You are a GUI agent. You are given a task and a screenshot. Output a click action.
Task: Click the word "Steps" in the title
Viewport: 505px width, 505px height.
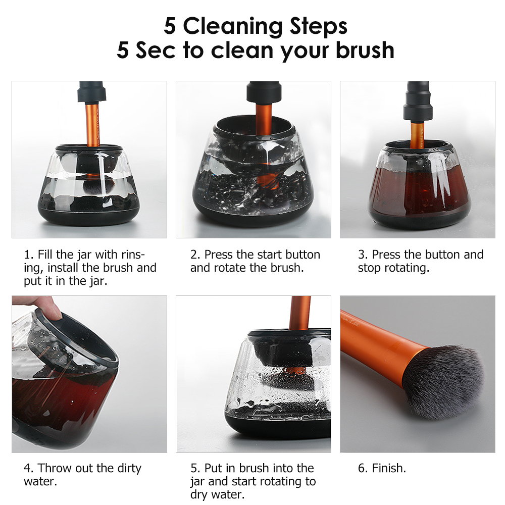click(x=318, y=26)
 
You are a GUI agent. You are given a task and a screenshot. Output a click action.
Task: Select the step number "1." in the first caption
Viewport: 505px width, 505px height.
click(x=29, y=255)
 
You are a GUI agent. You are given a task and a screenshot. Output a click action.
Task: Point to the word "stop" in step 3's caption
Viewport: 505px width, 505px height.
click(x=369, y=268)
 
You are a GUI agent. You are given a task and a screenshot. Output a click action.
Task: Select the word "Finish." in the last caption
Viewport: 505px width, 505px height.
click(x=389, y=468)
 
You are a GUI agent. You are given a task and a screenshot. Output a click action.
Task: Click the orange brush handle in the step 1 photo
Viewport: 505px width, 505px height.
click(x=92, y=124)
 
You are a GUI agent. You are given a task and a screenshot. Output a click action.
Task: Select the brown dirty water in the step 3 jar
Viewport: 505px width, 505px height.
click(x=419, y=190)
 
